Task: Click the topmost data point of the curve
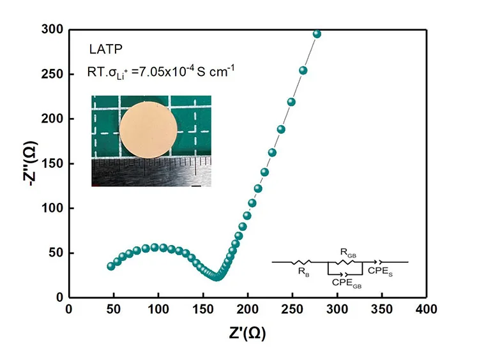pyautogui.click(x=317, y=34)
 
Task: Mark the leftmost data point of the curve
pyautogui.click(x=111, y=266)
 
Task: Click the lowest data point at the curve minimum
pyautogui.click(x=217, y=276)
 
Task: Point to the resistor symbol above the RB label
pyautogui.click(x=301, y=262)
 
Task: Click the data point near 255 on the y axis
pyautogui.click(x=303, y=70)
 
